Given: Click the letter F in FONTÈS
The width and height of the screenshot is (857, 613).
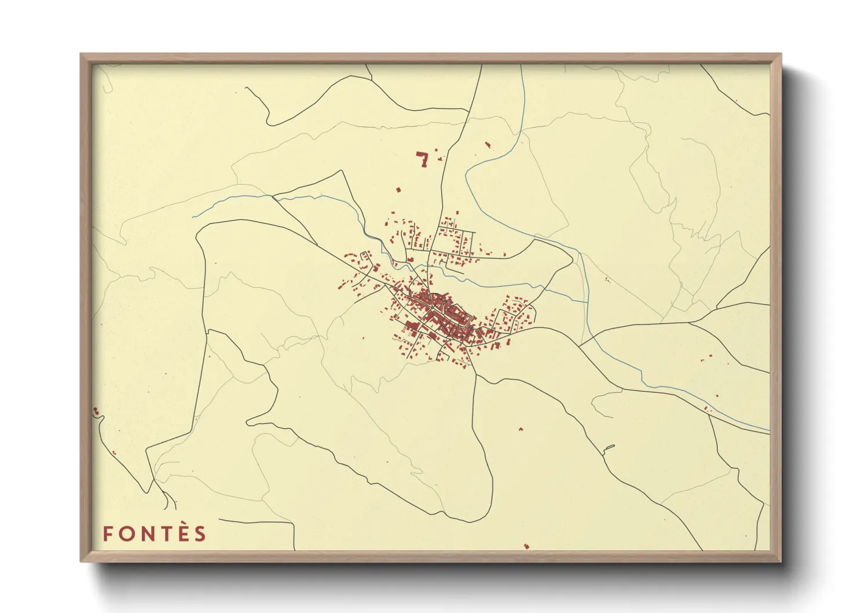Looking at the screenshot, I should tap(107, 534).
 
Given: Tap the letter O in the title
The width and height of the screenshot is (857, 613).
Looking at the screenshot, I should tap(124, 534).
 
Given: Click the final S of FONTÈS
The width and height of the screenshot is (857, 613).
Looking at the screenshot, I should tap(200, 534).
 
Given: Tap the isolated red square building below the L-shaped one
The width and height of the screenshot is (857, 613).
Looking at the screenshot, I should tap(398, 189).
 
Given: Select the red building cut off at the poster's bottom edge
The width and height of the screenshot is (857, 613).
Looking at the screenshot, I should tap(526, 546).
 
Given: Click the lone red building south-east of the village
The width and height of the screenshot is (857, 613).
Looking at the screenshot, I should tap(520, 429).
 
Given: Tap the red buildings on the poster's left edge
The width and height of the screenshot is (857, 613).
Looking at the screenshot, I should tap(96, 411).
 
